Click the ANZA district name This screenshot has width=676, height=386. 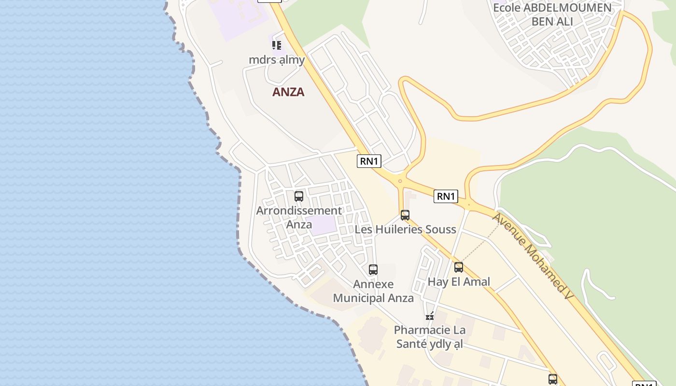click(x=288, y=92)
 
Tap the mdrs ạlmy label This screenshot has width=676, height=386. click(x=277, y=60)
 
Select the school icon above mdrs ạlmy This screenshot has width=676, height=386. click(x=276, y=45)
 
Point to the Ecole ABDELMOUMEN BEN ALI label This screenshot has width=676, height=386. click(x=552, y=14)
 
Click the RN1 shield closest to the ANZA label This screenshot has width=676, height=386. click(x=369, y=161)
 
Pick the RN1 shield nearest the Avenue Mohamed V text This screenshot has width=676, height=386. click(x=445, y=196)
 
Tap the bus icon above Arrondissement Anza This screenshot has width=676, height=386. click(x=299, y=196)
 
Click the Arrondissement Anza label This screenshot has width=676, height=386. click(x=299, y=217)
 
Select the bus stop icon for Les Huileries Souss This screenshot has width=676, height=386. click(x=405, y=215)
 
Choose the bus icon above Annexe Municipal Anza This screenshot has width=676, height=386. click(x=373, y=270)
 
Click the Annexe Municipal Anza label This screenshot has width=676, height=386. click(x=373, y=291)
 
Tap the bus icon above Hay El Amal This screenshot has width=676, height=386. click(x=459, y=267)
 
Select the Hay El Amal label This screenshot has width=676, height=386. click(x=459, y=282)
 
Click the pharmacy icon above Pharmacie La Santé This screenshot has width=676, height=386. click(x=430, y=317)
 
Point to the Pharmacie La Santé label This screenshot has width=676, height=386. click(x=430, y=337)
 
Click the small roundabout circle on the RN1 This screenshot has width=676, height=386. click(x=400, y=181)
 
